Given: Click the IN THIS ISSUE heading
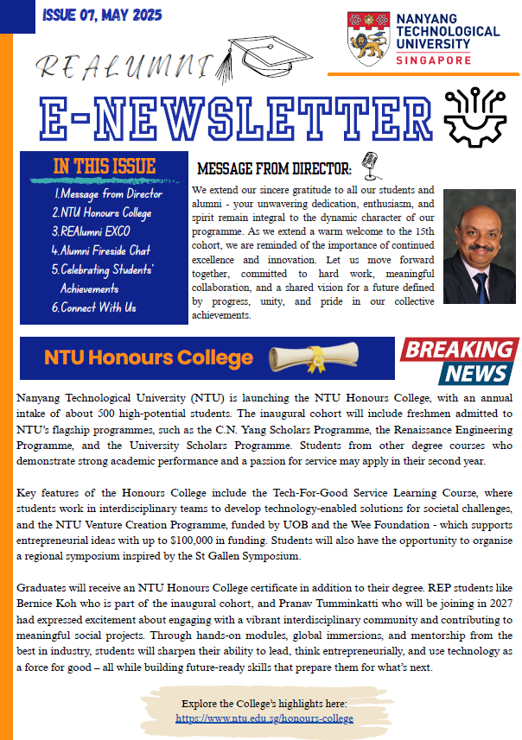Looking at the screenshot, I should [x=105, y=166].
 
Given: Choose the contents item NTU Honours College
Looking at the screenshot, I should [x=101, y=212].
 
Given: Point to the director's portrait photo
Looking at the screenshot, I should [x=480, y=246].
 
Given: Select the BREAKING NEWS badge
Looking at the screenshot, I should [x=459, y=361].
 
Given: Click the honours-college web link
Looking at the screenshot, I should [x=264, y=718].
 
